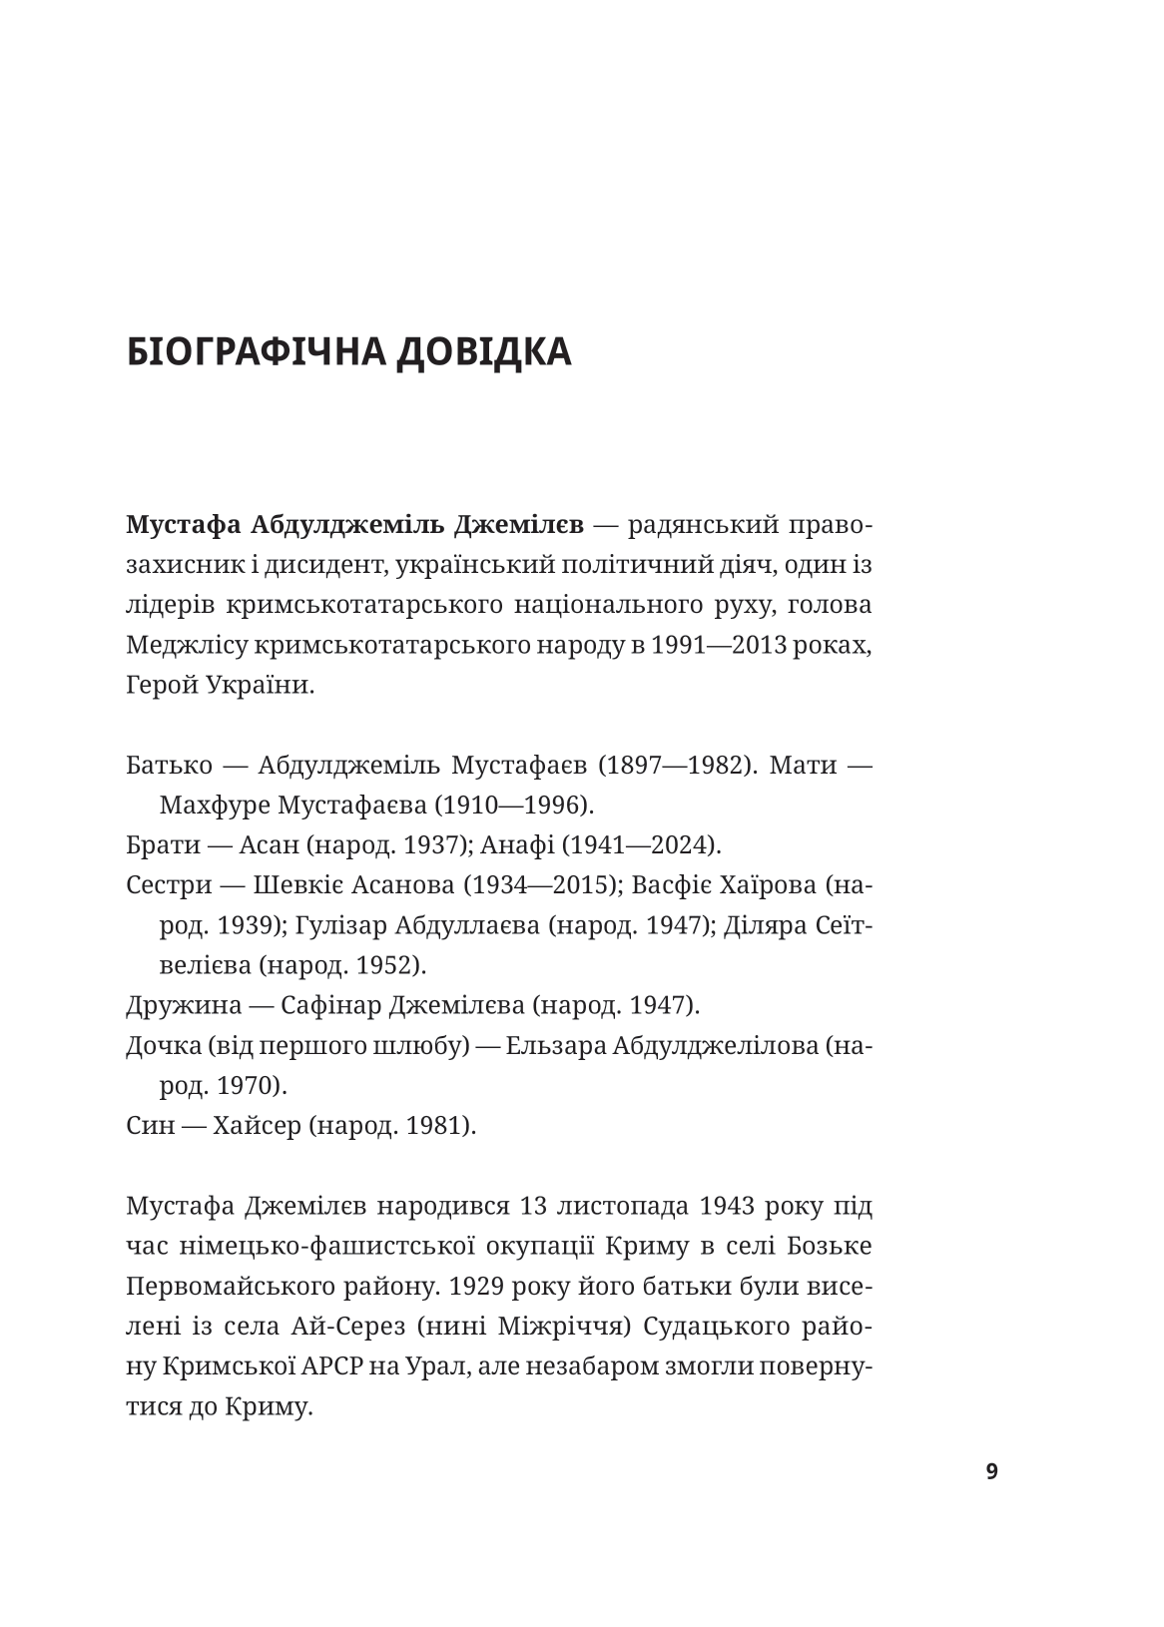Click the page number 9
[991, 1471]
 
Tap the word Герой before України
[163, 687]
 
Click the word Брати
[161, 845]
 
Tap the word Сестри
[166, 885]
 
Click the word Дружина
[180, 1005]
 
